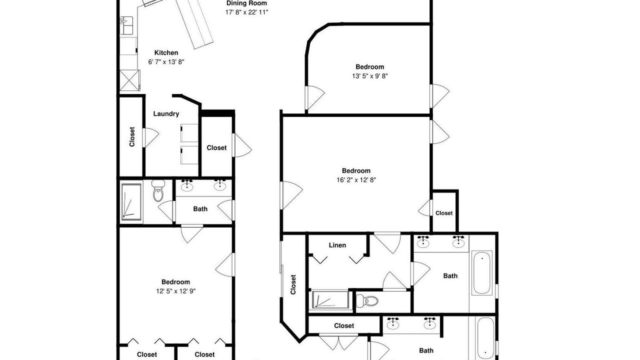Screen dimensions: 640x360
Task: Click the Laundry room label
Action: pyautogui.click(x=166, y=114)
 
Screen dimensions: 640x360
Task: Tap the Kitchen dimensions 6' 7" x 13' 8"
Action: pyautogui.click(x=166, y=62)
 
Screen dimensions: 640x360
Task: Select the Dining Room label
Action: pyautogui.click(x=246, y=3)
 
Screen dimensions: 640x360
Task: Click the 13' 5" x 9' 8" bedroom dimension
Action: pyautogui.click(x=369, y=76)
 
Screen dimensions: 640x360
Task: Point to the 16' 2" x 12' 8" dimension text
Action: pyautogui.click(x=356, y=180)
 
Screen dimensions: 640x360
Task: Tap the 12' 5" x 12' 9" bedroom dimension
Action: pyautogui.click(x=175, y=291)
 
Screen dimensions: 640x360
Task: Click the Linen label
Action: pyautogui.click(x=337, y=245)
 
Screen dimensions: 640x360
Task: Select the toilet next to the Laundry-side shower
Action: pyautogui.click(x=157, y=190)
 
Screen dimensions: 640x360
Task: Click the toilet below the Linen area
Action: pyautogui.click(x=367, y=301)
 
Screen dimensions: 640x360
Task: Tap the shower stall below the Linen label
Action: pyautogui.click(x=330, y=299)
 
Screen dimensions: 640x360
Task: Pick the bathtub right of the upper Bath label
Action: pyautogui.click(x=481, y=272)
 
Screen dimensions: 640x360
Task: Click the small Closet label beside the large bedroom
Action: pyautogui.click(x=444, y=213)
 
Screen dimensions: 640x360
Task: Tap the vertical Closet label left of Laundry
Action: pyautogui.click(x=131, y=137)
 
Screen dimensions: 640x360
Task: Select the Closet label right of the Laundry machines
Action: pyautogui.click(x=216, y=147)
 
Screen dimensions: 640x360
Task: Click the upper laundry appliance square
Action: pyautogui.click(x=189, y=133)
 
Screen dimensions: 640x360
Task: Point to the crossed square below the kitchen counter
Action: pyautogui.click(x=129, y=80)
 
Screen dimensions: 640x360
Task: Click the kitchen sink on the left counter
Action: pyautogui.click(x=126, y=25)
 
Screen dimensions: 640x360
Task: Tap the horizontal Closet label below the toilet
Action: pyautogui.click(x=344, y=325)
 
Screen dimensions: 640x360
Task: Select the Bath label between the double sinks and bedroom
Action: pyautogui.click(x=200, y=209)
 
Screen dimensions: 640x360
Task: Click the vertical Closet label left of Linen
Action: pyautogui.click(x=293, y=284)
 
